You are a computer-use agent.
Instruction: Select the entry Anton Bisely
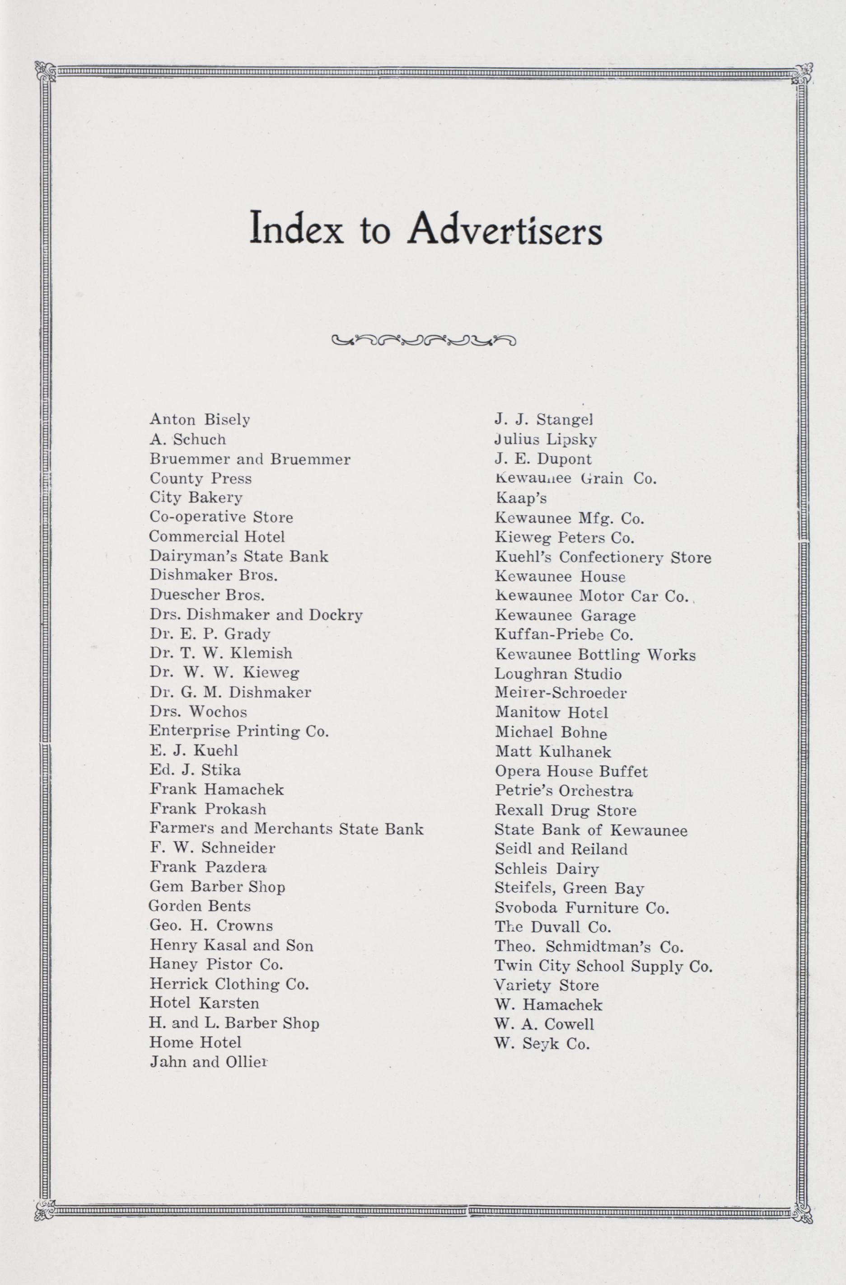coord(200,419)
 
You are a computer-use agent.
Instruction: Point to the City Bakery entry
coord(196,497)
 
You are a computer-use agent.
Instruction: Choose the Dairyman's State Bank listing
coord(238,556)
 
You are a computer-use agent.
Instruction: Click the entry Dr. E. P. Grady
coord(210,634)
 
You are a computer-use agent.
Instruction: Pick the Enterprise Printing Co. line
coord(238,731)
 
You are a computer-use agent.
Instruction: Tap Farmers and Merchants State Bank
coord(286,828)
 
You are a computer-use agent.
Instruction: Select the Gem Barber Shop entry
coord(217,886)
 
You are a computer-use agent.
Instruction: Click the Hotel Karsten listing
coord(204,1003)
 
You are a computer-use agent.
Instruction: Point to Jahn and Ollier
coord(209,1062)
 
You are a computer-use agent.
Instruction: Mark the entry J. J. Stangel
coord(544,419)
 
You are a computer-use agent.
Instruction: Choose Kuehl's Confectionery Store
coord(603,557)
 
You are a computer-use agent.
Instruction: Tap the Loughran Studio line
coord(558,674)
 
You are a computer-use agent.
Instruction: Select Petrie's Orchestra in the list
coord(564,791)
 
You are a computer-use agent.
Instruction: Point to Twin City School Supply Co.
coord(603,966)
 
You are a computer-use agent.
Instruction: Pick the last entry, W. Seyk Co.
coord(542,1044)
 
